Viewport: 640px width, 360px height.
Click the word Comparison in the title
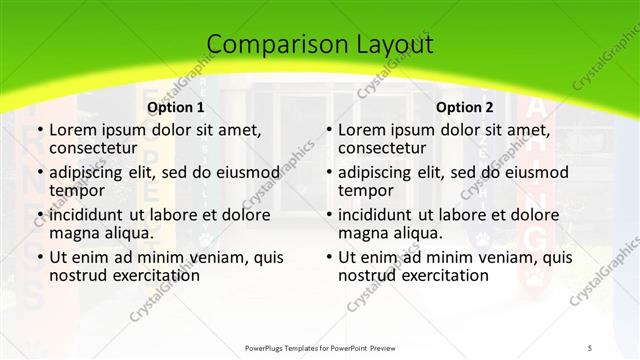[268, 45]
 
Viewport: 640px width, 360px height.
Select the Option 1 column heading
[176, 107]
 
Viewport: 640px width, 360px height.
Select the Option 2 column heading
[465, 107]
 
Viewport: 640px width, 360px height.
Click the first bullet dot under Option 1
[39, 131]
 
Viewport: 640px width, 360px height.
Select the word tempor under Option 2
[365, 190]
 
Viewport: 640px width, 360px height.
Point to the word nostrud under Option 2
[368, 275]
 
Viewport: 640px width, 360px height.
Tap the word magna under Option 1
[74, 233]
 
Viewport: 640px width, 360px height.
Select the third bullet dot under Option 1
[39, 216]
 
